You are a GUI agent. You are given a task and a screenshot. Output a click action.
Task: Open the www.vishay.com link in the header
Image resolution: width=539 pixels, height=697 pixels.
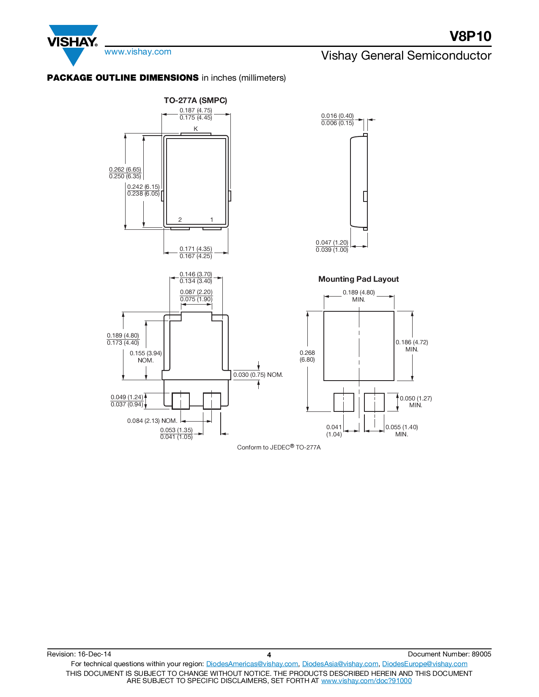click(138, 52)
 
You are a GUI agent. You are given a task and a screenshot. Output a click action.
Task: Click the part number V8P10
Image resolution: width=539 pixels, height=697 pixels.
click(470, 36)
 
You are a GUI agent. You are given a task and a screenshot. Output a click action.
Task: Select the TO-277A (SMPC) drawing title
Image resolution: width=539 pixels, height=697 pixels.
click(195, 101)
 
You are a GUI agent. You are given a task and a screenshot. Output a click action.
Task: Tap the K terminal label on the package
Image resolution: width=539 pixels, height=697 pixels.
click(196, 129)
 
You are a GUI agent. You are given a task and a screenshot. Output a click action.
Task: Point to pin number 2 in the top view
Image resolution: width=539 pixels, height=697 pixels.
click(180, 220)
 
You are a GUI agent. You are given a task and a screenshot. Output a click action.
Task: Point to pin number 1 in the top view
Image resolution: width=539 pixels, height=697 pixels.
click(212, 220)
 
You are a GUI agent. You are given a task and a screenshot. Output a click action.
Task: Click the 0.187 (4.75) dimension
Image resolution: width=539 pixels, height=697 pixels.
click(196, 110)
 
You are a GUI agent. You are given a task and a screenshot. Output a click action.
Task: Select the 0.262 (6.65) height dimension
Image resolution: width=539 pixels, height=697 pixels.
click(125, 169)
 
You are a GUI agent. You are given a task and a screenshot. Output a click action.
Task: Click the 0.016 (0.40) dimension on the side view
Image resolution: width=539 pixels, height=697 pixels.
click(337, 116)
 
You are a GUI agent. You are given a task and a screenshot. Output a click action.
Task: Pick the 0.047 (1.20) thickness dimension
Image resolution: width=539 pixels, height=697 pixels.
click(332, 242)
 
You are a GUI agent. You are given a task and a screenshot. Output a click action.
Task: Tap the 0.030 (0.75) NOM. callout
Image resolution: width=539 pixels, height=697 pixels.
click(258, 375)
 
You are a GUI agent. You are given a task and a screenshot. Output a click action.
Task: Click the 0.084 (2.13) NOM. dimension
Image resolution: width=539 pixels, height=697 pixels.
click(152, 421)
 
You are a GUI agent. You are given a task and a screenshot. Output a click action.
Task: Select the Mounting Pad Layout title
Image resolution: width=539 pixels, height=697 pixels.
click(358, 279)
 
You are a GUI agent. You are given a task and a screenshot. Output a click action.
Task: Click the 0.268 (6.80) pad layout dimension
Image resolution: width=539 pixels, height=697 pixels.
click(307, 356)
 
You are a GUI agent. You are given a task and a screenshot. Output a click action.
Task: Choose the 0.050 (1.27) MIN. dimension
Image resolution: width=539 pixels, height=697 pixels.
click(416, 402)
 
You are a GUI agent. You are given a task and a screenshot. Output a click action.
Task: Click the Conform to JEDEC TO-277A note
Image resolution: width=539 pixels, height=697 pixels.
click(279, 447)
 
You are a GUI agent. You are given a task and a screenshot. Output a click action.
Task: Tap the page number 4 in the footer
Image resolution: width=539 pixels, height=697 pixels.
click(269, 655)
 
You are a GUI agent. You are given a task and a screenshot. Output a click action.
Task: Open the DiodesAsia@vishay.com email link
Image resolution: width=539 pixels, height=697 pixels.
click(340, 664)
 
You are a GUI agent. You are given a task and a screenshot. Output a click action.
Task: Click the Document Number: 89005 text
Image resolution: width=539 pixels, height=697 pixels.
click(449, 654)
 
